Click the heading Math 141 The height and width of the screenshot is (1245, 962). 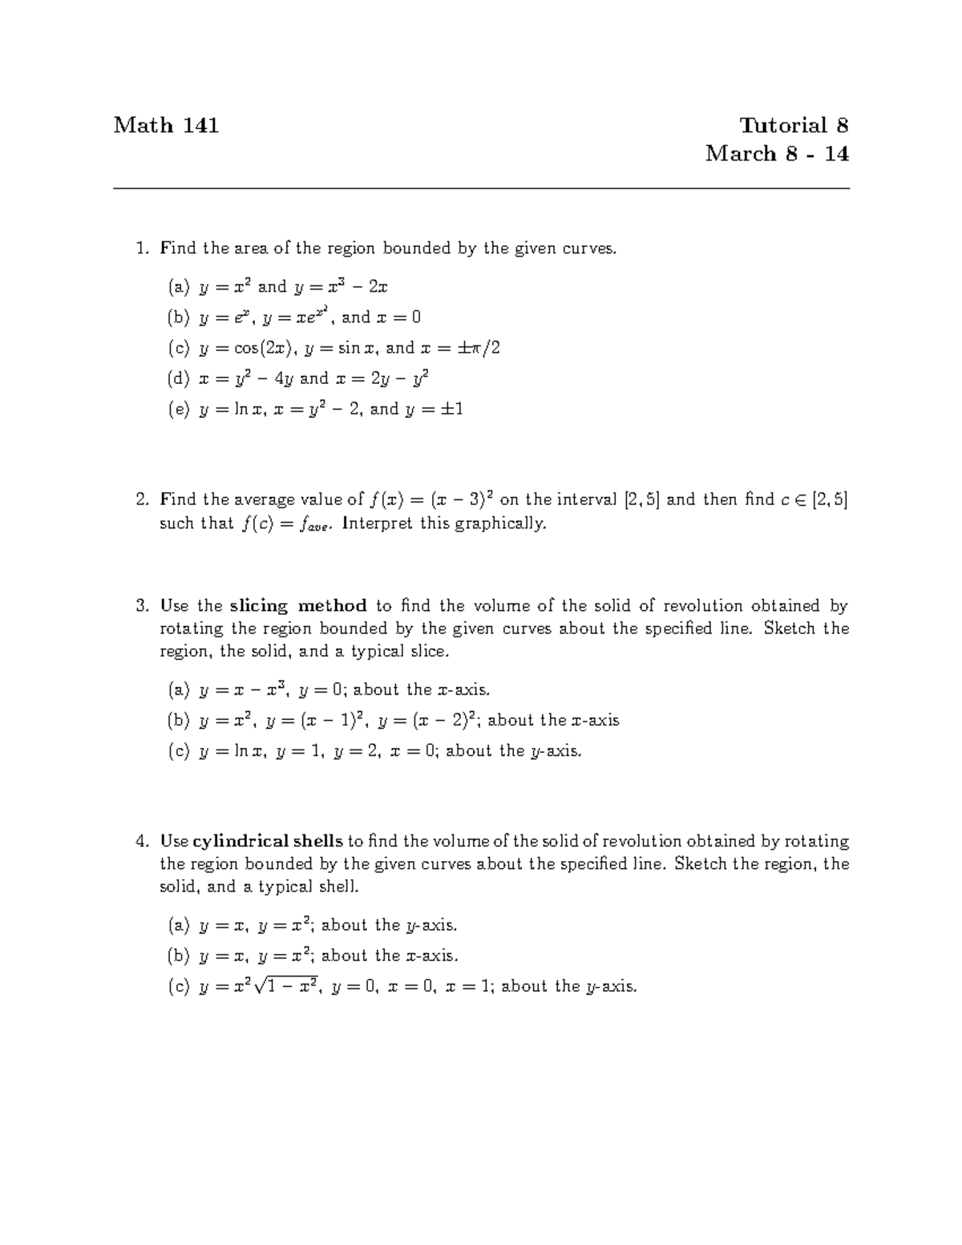166,125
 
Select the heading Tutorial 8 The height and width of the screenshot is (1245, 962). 794,125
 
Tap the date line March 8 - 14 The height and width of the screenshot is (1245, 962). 777,154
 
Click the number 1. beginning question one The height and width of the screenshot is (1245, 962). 143,249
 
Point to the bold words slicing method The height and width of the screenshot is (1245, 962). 298,606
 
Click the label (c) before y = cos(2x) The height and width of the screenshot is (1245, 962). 178,348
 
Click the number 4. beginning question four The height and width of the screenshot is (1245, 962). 143,842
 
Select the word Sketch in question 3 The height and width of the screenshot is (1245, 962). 790,629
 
